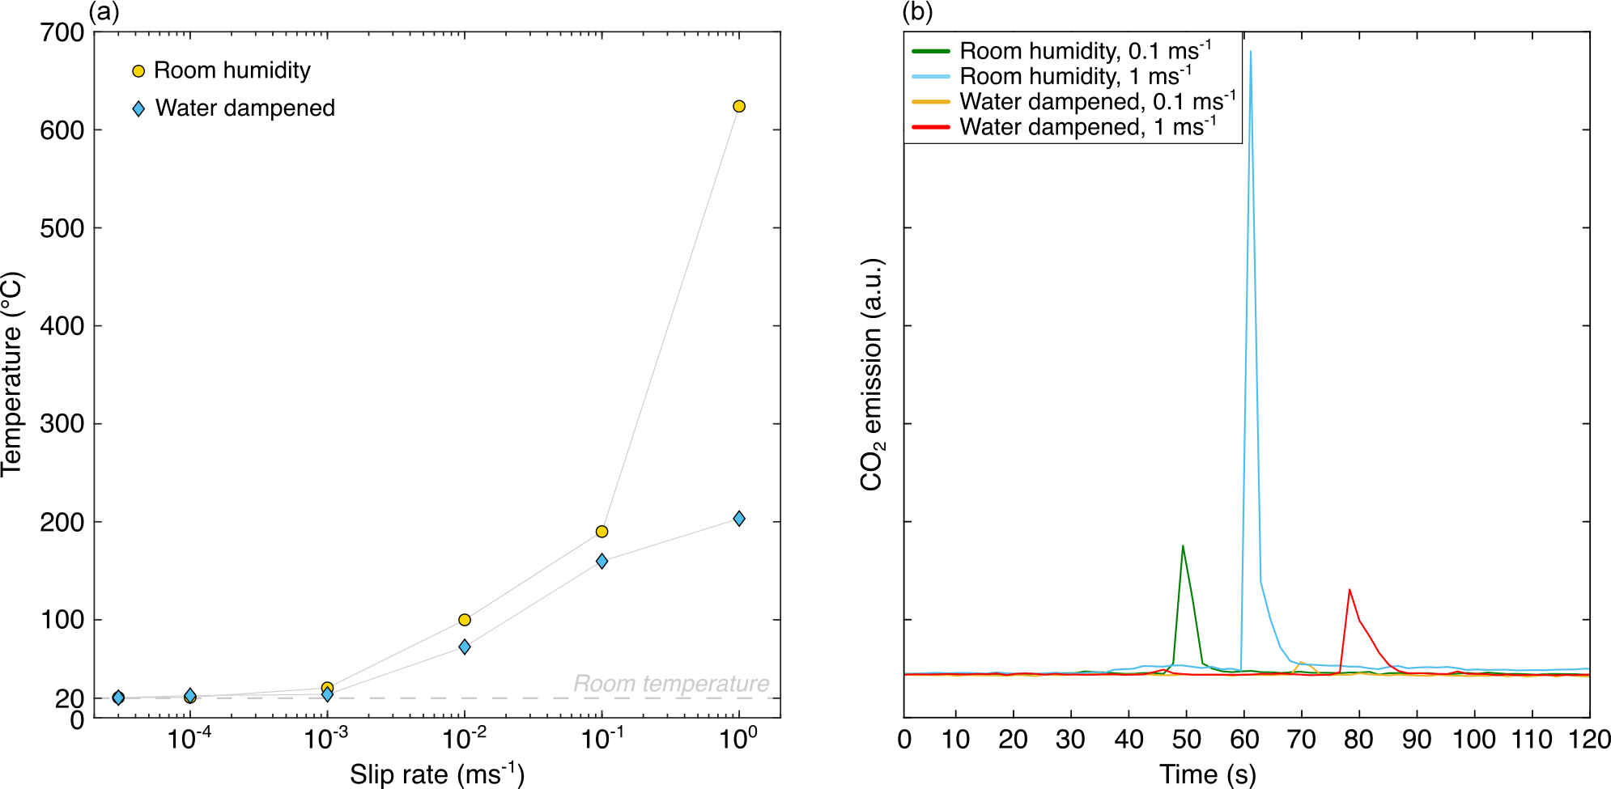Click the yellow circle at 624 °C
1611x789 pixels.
pos(738,107)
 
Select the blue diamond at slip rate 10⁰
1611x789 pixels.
pos(738,519)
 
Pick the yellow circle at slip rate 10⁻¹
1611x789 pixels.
pos(601,532)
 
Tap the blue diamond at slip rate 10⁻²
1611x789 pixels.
pos(465,647)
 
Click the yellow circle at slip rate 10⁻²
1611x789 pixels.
pos(465,620)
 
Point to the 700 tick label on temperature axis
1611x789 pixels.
pos(62,32)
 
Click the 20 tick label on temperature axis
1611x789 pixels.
pos(70,698)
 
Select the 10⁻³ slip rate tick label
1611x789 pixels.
pos(326,738)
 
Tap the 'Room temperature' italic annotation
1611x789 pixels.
pos(671,684)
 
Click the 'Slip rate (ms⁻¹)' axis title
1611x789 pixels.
pos(437,774)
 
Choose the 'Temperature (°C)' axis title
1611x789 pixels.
pos(13,374)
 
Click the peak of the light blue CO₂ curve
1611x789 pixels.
pos(1251,52)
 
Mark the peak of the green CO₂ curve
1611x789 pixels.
pos(1183,546)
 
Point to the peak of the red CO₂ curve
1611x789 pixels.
pos(1350,590)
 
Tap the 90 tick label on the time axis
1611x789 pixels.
pos(1417,739)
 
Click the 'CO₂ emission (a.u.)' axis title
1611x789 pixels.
pos(872,374)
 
